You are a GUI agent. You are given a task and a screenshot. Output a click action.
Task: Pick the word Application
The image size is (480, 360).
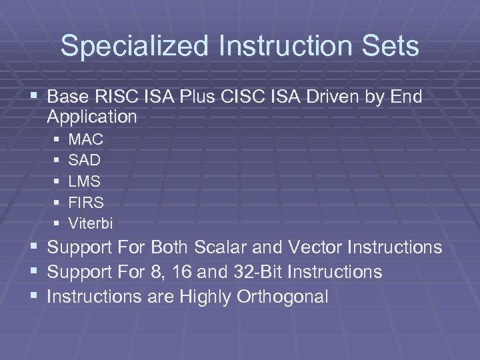coord(92,117)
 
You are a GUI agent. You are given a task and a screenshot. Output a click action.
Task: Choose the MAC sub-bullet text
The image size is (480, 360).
coord(86,140)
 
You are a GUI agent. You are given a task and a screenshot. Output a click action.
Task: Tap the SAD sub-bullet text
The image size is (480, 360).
coord(85,161)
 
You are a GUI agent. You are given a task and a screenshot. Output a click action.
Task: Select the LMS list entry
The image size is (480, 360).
coord(85,181)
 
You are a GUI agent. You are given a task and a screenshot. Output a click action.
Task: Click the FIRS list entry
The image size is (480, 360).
coord(86,201)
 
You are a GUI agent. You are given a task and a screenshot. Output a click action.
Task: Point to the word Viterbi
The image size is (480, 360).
coord(91,221)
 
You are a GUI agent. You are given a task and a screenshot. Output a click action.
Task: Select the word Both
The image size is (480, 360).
coord(170,247)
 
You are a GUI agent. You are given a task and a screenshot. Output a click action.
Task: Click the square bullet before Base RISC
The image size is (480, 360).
coord(37,97)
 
